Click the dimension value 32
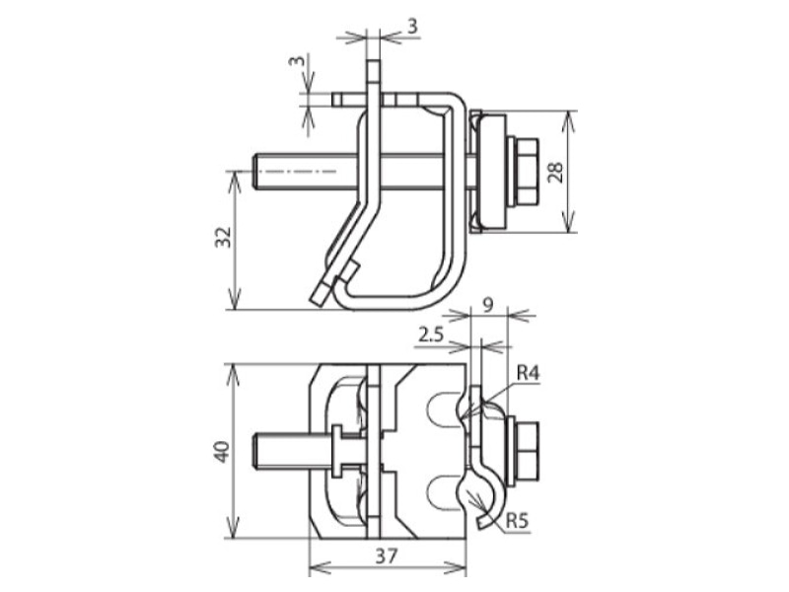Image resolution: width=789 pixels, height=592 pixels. tap(224, 237)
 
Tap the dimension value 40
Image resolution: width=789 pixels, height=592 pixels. tap(223, 452)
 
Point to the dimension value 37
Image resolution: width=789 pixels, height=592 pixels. tap(387, 555)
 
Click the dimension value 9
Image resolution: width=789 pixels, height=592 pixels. tap(487, 305)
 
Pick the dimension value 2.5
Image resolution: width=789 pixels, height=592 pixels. tap(431, 333)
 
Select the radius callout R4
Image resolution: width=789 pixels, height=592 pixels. tap(529, 373)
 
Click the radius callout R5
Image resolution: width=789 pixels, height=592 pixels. tap(517, 521)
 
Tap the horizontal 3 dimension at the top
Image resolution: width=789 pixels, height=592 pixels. tap(412, 27)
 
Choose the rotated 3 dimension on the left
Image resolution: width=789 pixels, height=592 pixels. tap(298, 60)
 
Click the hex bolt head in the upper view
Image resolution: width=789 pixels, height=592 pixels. tap(527, 172)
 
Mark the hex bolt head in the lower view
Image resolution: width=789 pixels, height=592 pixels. tap(528, 451)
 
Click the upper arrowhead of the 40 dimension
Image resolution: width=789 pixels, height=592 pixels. tap(232, 375)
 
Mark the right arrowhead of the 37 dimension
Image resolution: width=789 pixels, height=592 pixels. tap(456, 568)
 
